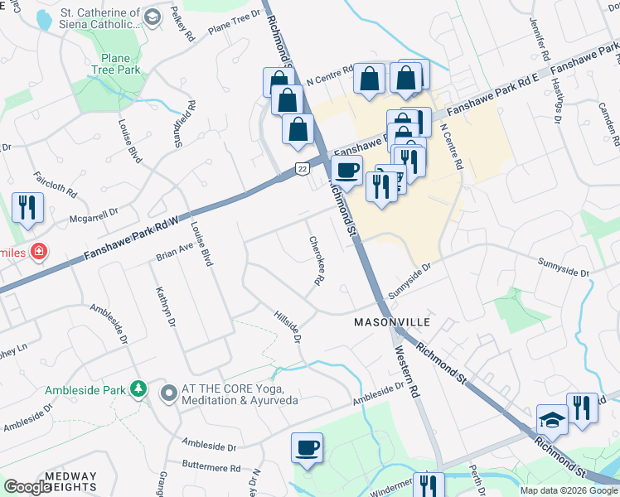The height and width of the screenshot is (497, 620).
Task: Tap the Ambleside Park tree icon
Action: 139,388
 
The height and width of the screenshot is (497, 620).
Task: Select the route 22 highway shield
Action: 303,169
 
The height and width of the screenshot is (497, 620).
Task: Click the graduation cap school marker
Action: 551,421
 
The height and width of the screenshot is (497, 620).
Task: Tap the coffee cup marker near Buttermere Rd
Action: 307,448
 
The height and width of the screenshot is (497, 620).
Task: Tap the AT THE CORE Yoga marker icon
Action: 168,393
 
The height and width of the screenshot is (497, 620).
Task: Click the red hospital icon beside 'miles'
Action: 38,251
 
